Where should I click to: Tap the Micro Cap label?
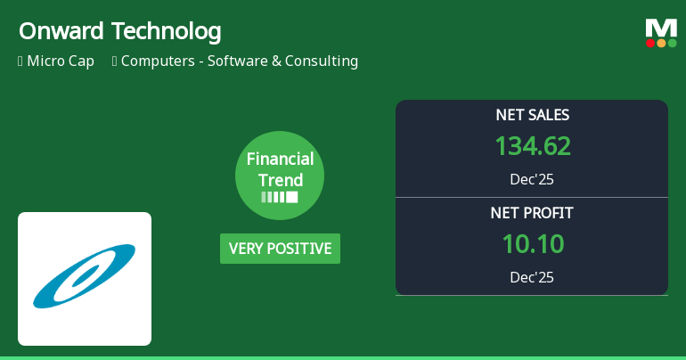point(61,61)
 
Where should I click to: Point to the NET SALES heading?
point(532,115)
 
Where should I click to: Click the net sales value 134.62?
point(532,146)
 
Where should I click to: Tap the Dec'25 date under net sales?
point(532,179)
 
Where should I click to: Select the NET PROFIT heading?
point(532,213)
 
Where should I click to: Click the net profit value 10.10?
point(532,244)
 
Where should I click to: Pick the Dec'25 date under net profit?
point(532,277)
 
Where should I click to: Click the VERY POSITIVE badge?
point(280,249)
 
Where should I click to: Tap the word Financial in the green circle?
point(280,160)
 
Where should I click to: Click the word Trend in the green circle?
point(280,180)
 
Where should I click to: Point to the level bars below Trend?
point(280,197)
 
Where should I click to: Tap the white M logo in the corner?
point(661,28)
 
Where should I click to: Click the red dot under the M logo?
point(651,43)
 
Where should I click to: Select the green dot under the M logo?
point(672,43)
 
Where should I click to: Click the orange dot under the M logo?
point(661,43)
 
